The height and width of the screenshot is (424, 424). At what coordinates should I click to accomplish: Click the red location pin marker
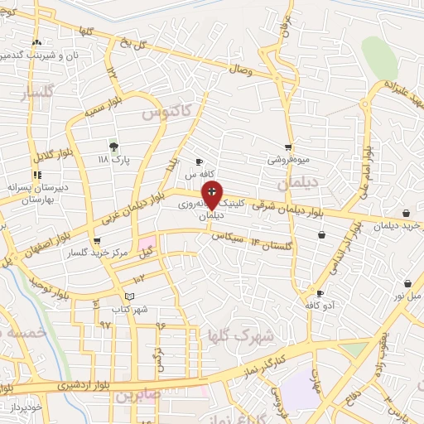click(x=212, y=194)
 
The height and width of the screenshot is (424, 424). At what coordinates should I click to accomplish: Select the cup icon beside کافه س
click(x=199, y=161)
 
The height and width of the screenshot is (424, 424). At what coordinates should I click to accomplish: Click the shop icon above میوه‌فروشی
click(x=287, y=147)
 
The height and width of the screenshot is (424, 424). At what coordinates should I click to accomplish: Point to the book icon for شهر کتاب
click(x=128, y=296)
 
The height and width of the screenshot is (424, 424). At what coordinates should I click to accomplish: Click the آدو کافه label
click(x=320, y=306)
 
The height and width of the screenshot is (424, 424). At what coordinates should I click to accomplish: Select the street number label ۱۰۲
click(x=138, y=281)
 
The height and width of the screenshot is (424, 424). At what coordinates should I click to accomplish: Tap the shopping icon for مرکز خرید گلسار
click(x=97, y=241)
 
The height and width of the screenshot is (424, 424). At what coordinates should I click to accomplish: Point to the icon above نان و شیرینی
click(x=36, y=42)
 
